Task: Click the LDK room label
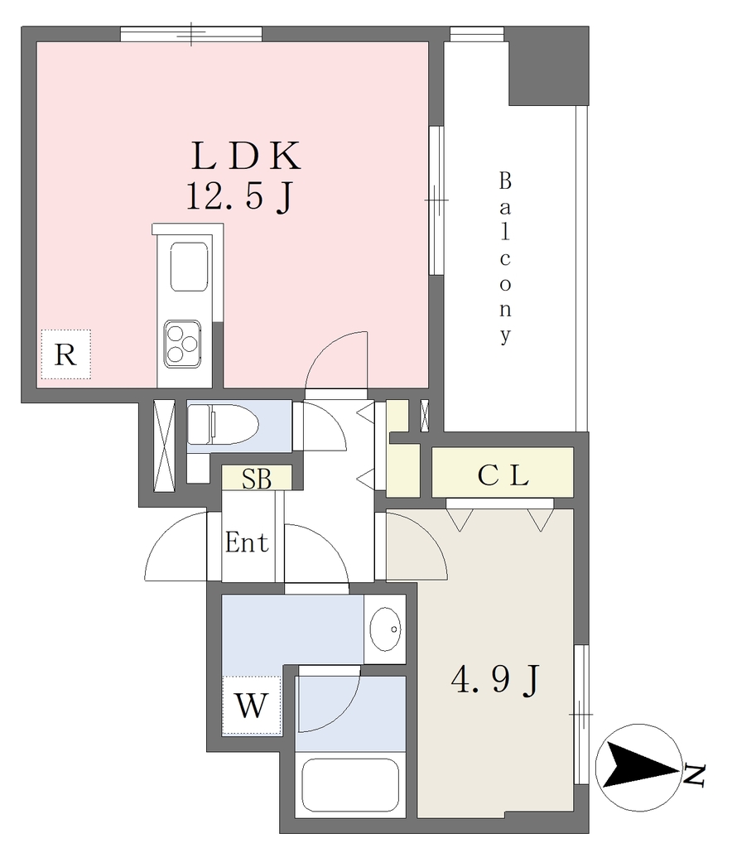tap(246, 156)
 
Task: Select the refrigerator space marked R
tap(66, 354)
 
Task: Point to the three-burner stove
tap(183, 344)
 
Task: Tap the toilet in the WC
tap(222, 425)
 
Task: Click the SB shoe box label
tap(257, 478)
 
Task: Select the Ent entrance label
tap(247, 542)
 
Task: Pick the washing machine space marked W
tap(252, 706)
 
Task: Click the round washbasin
tap(386, 629)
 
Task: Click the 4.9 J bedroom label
tap(495, 679)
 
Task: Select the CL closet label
tap(503, 475)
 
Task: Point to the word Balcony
tap(505, 258)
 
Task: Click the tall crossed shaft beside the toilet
tap(164, 446)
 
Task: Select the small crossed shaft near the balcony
tap(425, 416)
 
